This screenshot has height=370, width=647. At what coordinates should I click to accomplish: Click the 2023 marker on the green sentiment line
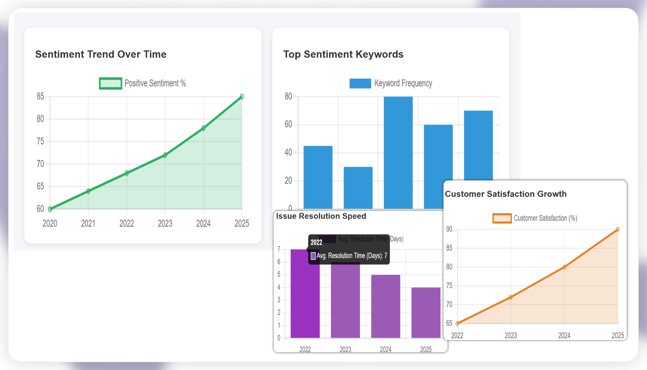pyautogui.click(x=165, y=155)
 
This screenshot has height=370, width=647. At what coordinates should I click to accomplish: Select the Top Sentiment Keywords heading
pyautogui.click(x=343, y=54)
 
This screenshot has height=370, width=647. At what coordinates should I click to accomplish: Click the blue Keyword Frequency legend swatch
pyautogui.click(x=360, y=83)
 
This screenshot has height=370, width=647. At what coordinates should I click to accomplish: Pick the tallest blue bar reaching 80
pyautogui.click(x=398, y=152)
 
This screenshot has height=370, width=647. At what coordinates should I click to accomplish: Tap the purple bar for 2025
pyautogui.click(x=426, y=313)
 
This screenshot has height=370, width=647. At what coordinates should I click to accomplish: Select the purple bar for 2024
pyautogui.click(x=385, y=306)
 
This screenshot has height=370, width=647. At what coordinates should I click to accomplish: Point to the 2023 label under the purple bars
pyautogui.click(x=345, y=349)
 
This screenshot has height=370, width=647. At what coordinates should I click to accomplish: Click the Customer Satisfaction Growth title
pyautogui.click(x=506, y=194)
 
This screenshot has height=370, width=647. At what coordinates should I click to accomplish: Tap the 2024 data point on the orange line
pyautogui.click(x=564, y=267)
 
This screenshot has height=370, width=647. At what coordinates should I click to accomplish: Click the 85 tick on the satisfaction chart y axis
pyautogui.click(x=449, y=248)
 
